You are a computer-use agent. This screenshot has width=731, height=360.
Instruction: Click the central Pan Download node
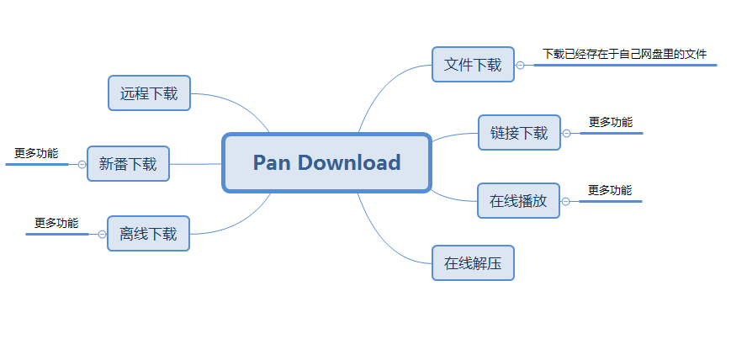pyautogui.click(x=326, y=162)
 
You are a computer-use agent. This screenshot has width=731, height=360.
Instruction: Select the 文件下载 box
pyautogui.click(x=473, y=65)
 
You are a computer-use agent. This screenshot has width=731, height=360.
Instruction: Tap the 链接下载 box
pyautogui.click(x=519, y=133)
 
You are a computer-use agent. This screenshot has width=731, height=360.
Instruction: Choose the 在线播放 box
pyautogui.click(x=518, y=201)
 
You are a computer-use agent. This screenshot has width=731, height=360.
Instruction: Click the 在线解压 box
pyautogui.click(x=473, y=263)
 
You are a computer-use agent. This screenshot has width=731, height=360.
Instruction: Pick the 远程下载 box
pyautogui.click(x=149, y=93)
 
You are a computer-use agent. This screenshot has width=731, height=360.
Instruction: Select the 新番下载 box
pyautogui.click(x=128, y=164)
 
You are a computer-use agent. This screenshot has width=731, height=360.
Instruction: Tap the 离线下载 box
pyautogui.click(x=148, y=234)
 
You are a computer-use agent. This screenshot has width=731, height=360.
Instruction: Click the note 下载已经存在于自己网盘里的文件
pyautogui.click(x=624, y=54)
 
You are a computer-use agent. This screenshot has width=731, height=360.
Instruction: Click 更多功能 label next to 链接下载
pyautogui.click(x=611, y=122)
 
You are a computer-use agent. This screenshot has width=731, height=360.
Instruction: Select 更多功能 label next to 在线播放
pyautogui.click(x=610, y=190)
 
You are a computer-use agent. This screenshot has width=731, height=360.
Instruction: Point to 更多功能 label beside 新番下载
pyautogui.click(x=36, y=153)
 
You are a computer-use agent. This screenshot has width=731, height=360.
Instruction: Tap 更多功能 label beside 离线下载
pyautogui.click(x=56, y=223)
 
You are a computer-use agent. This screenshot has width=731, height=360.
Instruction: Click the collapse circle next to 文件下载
pyautogui.click(x=521, y=65)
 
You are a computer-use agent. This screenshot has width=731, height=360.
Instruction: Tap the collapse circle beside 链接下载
pyautogui.click(x=566, y=133)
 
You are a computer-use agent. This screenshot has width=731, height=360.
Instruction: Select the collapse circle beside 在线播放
pyautogui.click(x=565, y=201)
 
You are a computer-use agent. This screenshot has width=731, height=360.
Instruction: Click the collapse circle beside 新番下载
pyautogui.click(x=82, y=164)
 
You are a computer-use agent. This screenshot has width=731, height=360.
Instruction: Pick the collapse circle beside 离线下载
pyautogui.click(x=102, y=234)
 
